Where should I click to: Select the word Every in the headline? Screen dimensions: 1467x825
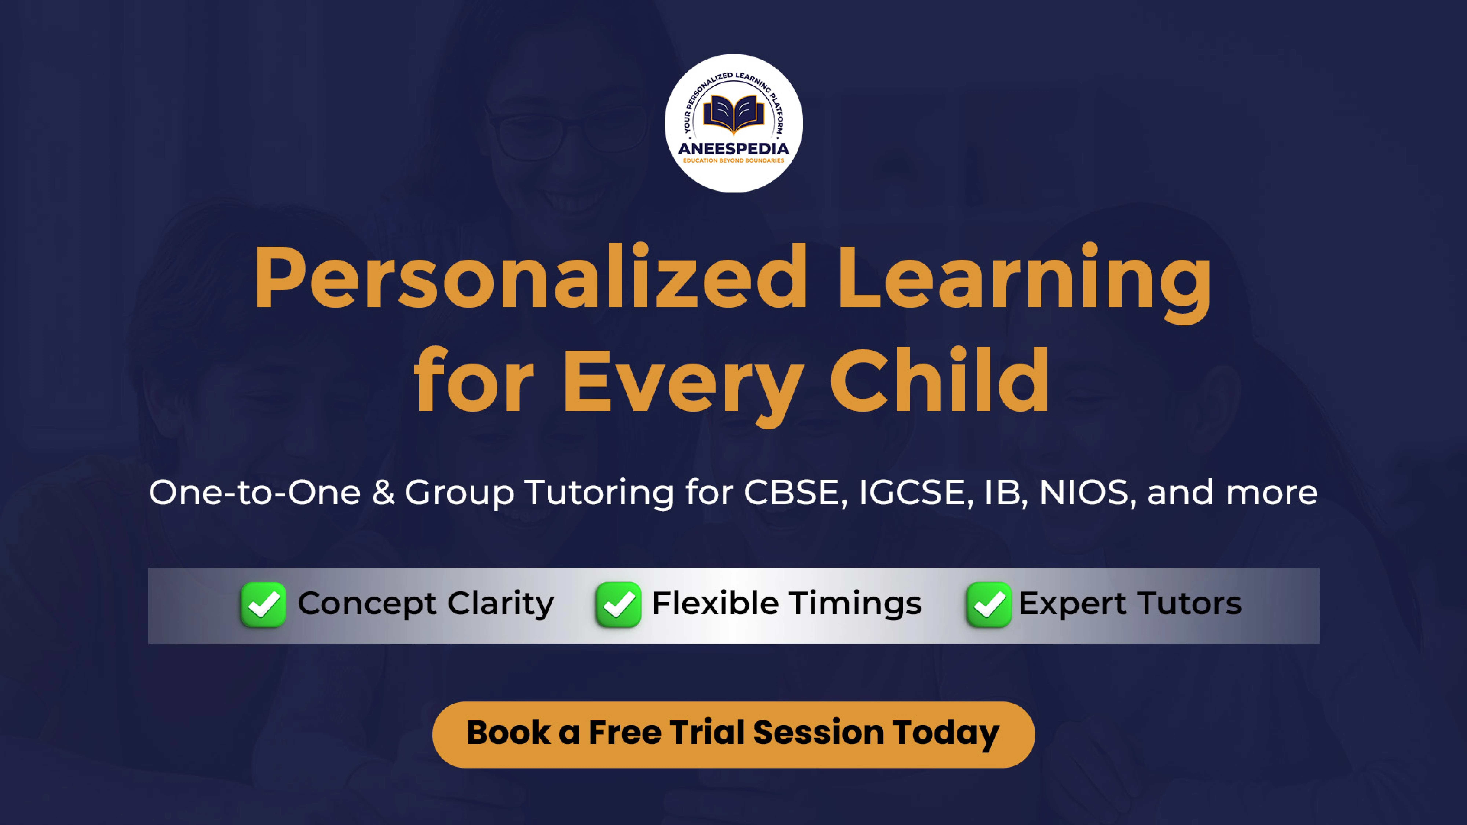tap(683, 385)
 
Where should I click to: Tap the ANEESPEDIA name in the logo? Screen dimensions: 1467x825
tap(733, 149)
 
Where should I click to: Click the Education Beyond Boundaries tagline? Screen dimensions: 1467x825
tap(733, 161)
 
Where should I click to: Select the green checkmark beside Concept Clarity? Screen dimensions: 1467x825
tap(263, 605)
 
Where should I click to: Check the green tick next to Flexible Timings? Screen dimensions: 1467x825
tap(619, 605)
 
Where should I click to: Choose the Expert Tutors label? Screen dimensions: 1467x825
tap(1131, 604)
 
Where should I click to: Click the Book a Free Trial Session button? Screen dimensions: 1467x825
tap(733, 734)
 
